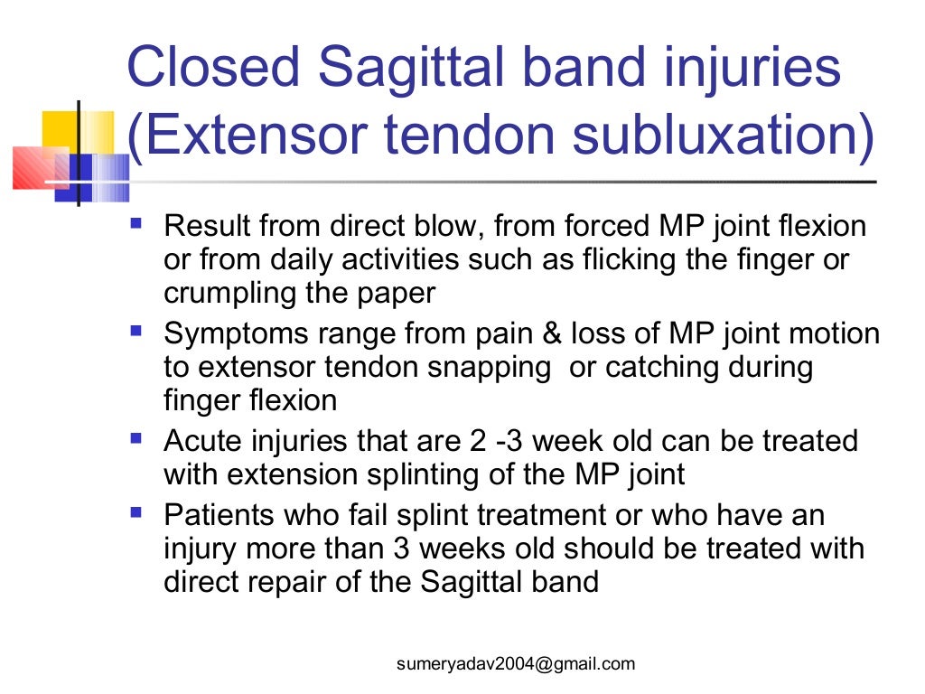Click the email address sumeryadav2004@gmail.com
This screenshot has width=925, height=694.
coord(516,664)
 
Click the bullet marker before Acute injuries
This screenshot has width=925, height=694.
coord(136,437)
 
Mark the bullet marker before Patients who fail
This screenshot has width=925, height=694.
coord(136,512)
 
